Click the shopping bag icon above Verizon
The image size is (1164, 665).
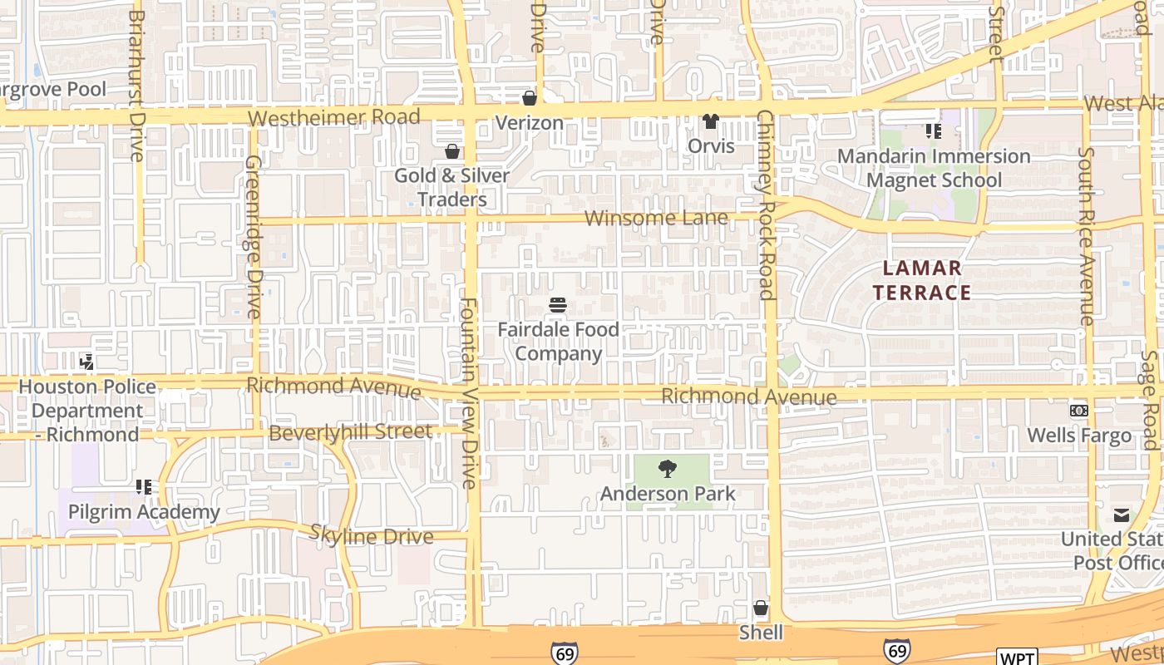pyautogui.click(x=529, y=98)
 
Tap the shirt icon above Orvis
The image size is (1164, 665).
pyautogui.click(x=711, y=121)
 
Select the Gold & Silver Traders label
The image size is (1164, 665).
pyautogui.click(x=451, y=188)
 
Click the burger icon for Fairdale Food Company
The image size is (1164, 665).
pyautogui.click(x=558, y=305)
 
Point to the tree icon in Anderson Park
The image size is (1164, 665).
pyautogui.click(x=667, y=470)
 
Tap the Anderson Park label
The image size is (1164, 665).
pyautogui.click(x=668, y=494)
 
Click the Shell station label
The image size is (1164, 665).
pyautogui.click(x=761, y=633)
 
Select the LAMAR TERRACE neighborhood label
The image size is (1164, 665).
pyautogui.click(x=922, y=280)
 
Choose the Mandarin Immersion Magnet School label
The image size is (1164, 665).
pyautogui.click(x=934, y=168)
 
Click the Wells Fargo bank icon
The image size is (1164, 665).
pyautogui.click(x=1078, y=411)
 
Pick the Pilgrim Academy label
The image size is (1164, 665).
pyautogui.click(x=145, y=512)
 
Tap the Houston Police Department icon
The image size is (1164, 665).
pyautogui.click(x=86, y=362)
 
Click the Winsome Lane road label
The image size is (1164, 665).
pyautogui.click(x=656, y=219)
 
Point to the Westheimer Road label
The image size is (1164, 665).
pyautogui.click(x=334, y=117)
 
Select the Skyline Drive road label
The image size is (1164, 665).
pyautogui.click(x=372, y=535)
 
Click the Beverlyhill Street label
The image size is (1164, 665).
pyautogui.click(x=351, y=432)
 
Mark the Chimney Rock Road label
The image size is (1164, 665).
pyautogui.click(x=766, y=204)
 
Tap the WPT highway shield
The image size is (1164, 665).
pyautogui.click(x=1017, y=658)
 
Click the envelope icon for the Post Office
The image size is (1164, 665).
pyautogui.click(x=1122, y=515)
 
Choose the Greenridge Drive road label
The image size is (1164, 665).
pyautogui.click(x=253, y=237)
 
